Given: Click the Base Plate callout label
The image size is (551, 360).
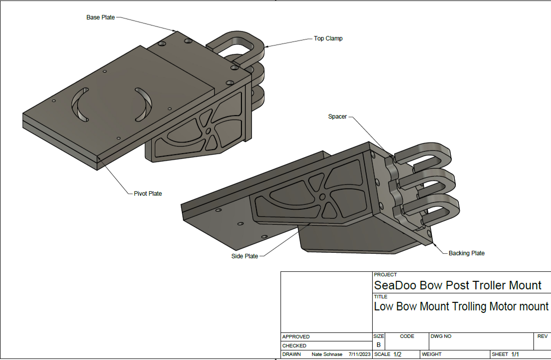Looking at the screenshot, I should click(100, 18).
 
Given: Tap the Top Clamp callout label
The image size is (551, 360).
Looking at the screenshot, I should click(328, 39).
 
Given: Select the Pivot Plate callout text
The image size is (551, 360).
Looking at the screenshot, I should click(148, 194).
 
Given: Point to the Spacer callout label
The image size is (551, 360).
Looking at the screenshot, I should click(337, 117).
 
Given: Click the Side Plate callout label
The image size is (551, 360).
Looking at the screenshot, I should click(244, 256).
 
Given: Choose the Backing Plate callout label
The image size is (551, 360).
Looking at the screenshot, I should click(466, 253).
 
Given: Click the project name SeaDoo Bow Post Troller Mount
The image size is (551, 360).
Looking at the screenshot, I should click(457, 286).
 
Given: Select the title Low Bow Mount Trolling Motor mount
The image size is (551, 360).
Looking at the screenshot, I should click(461, 306).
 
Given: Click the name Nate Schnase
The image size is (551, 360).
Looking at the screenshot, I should click(327, 354).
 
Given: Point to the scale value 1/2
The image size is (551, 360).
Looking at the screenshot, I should click(397, 354).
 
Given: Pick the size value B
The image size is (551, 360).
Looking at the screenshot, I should click(378, 345).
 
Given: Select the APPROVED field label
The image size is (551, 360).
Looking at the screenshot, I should click(296, 337).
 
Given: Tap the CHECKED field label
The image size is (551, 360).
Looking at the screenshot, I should click(294, 345).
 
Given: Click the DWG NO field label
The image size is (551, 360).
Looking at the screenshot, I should click(441, 336).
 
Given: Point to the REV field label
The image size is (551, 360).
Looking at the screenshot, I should click(542, 336).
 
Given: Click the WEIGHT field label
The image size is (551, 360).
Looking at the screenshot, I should click(431, 354).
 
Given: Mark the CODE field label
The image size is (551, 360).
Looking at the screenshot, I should click(407, 336).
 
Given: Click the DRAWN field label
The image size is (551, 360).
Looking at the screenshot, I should click(292, 354).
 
